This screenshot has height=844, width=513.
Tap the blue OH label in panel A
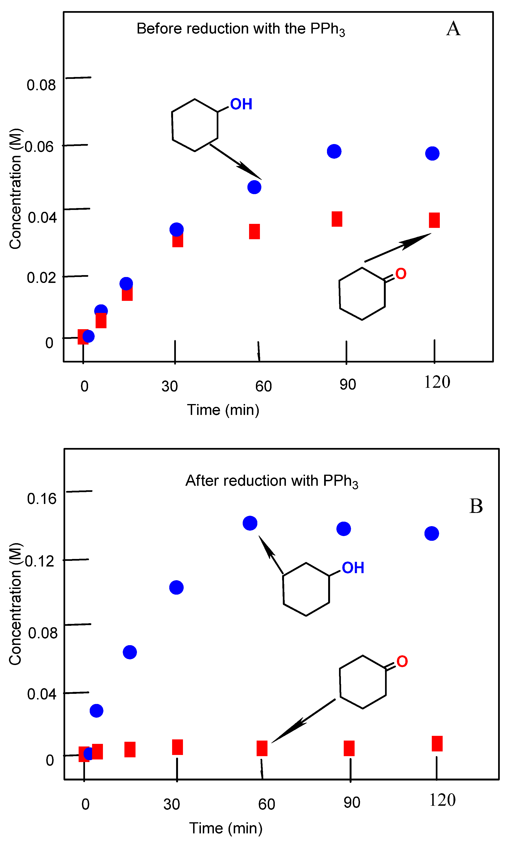click(x=241, y=104)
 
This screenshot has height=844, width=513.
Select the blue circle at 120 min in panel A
click(x=432, y=153)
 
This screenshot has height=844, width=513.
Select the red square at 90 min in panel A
click(x=337, y=219)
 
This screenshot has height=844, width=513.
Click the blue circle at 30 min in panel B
click(x=176, y=588)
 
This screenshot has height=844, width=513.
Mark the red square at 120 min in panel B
click(x=437, y=744)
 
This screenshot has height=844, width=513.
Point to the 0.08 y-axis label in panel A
click(x=41, y=85)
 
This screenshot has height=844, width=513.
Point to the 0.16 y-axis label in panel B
click(x=42, y=499)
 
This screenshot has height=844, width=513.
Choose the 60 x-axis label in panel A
click(x=263, y=386)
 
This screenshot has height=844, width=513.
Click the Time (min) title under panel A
click(x=223, y=410)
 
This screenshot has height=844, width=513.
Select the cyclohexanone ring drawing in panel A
click(x=362, y=294)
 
